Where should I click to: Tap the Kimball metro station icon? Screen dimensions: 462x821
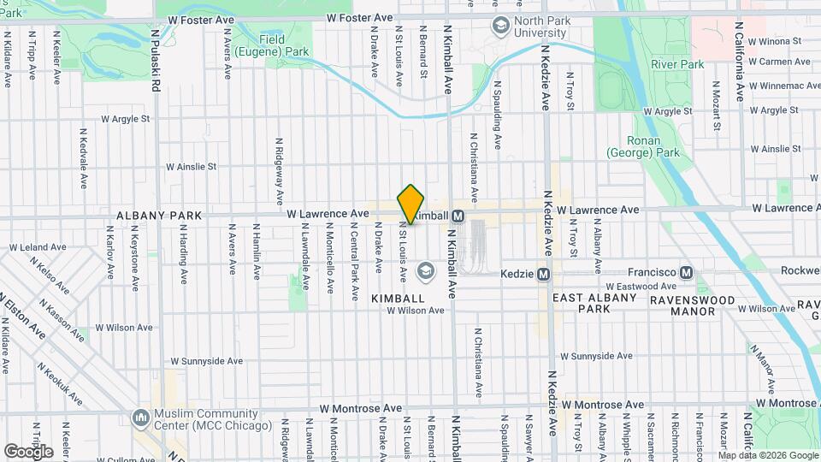(x=458, y=216)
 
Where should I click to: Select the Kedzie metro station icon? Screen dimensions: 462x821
(x=542, y=274)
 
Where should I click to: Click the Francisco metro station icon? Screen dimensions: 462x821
(x=686, y=272)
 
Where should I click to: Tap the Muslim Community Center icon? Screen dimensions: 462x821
(x=140, y=418)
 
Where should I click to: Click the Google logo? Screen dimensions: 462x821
(x=28, y=451)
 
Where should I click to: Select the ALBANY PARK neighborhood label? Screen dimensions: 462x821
(x=159, y=216)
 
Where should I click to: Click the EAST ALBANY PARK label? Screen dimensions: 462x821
(x=594, y=304)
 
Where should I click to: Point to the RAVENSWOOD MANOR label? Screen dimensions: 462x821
(x=693, y=305)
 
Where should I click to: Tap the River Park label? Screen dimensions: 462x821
(x=676, y=64)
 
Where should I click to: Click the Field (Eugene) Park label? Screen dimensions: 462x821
(x=284, y=45)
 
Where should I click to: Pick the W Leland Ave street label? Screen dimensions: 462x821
(x=37, y=247)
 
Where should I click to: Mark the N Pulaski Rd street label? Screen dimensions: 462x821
(x=156, y=61)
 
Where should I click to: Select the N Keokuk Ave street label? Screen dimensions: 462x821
(x=60, y=382)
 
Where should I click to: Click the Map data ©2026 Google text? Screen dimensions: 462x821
(x=769, y=454)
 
